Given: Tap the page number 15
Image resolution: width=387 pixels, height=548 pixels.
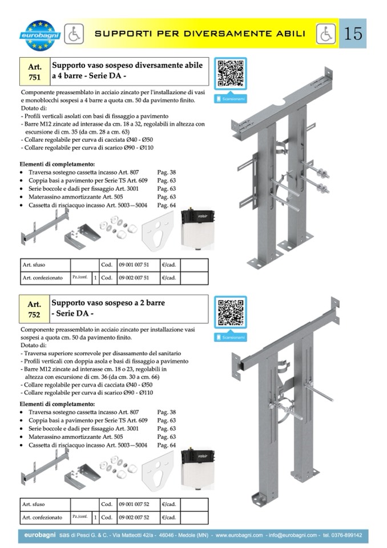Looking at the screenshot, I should [x=353, y=34].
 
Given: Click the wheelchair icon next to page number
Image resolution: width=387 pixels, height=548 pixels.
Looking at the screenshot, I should [x=325, y=34].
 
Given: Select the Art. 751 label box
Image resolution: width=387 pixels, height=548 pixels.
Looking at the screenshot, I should [x=35, y=71].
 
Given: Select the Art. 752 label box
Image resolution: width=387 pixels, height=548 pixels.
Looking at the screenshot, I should [x=35, y=309].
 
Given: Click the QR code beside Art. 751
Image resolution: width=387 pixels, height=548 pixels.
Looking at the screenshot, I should [x=231, y=73].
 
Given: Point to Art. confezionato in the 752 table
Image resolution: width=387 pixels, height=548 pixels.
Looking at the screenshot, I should [x=42, y=518].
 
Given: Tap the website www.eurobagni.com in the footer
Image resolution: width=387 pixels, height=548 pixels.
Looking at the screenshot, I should [x=239, y=536].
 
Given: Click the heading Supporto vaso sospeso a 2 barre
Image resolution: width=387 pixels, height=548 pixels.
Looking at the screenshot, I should [x=104, y=303].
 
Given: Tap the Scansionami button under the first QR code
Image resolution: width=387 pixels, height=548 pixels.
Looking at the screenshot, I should [x=231, y=99].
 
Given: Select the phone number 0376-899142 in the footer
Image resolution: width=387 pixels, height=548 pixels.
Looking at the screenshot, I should [x=346, y=536].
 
